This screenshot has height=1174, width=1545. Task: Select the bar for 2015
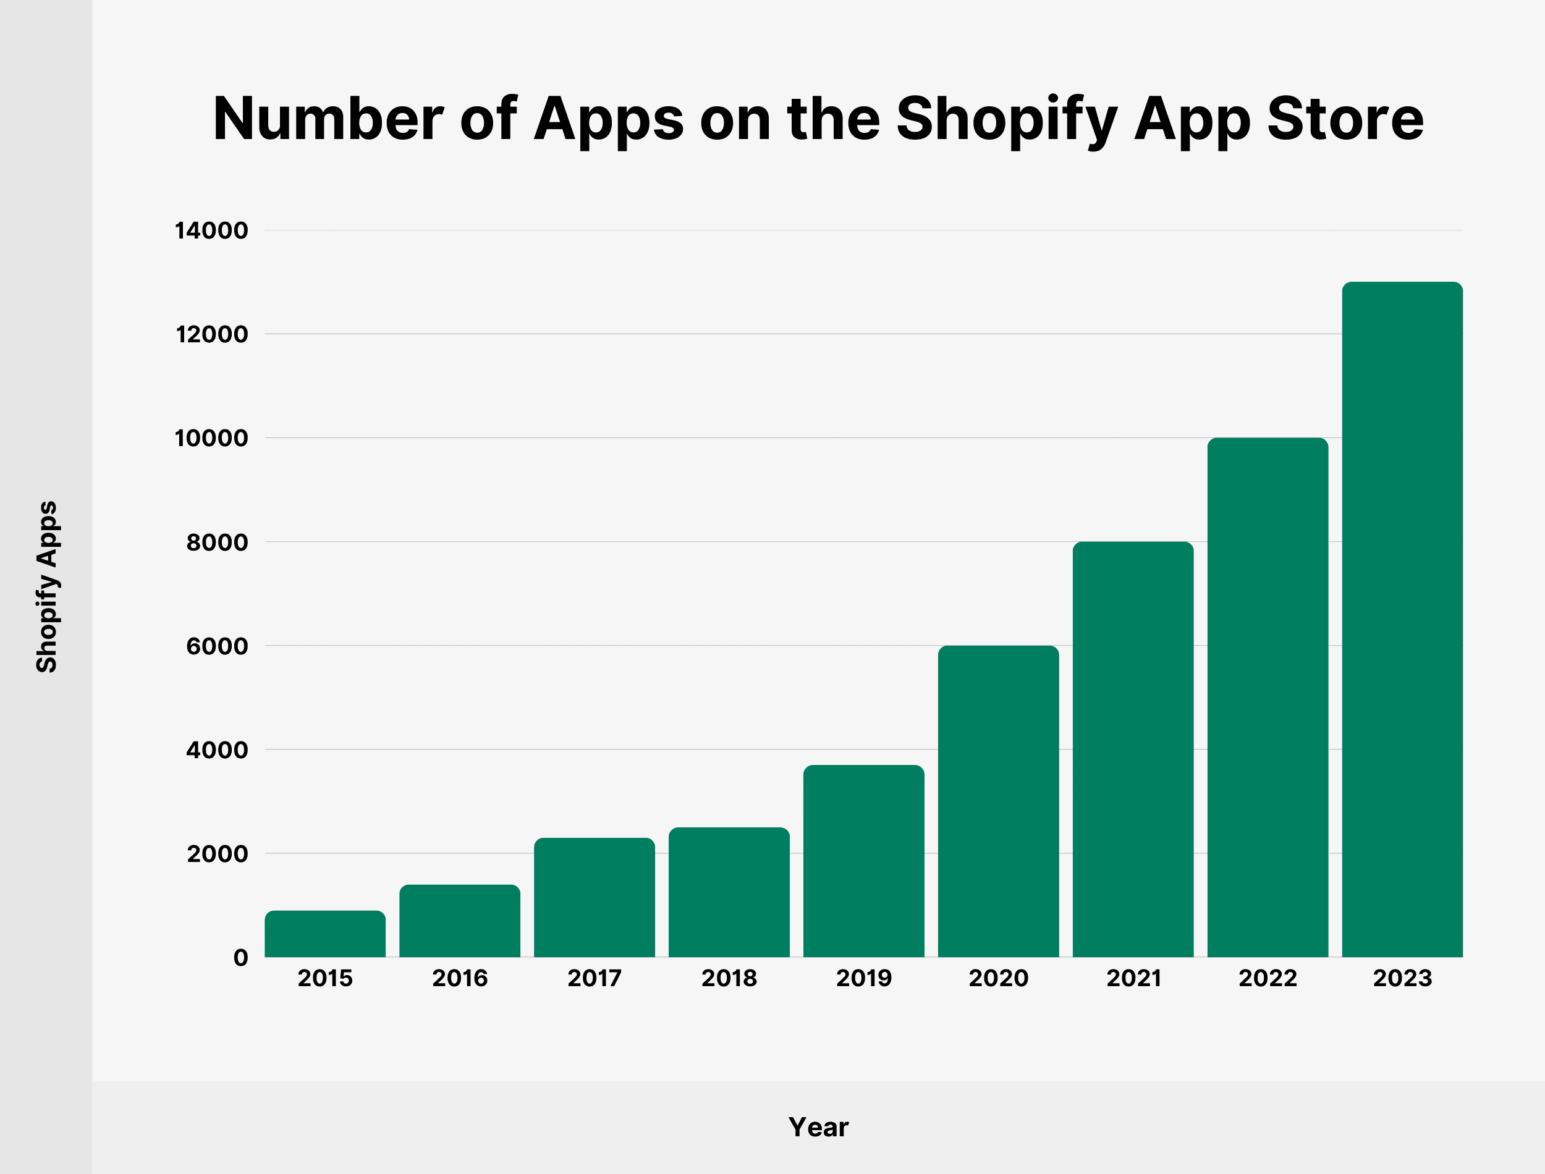(325, 934)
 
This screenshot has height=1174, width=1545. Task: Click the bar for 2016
(460, 921)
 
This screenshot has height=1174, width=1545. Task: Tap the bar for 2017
(595, 898)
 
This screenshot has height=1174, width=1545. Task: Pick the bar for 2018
(729, 892)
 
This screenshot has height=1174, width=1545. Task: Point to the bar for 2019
(864, 861)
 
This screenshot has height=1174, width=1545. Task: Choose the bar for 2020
(999, 801)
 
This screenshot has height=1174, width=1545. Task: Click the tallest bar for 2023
(1402, 620)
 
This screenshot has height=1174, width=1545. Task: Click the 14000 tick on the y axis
(211, 230)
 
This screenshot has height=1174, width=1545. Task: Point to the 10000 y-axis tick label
(211, 439)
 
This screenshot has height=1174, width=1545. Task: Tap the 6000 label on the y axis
(217, 646)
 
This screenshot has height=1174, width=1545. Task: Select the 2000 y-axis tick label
(217, 854)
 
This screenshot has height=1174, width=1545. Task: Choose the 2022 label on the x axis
(1268, 978)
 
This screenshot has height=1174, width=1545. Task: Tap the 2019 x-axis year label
(864, 978)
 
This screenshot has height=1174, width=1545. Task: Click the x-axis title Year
(818, 1127)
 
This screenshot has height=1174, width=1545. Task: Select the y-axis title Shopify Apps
(47, 587)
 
